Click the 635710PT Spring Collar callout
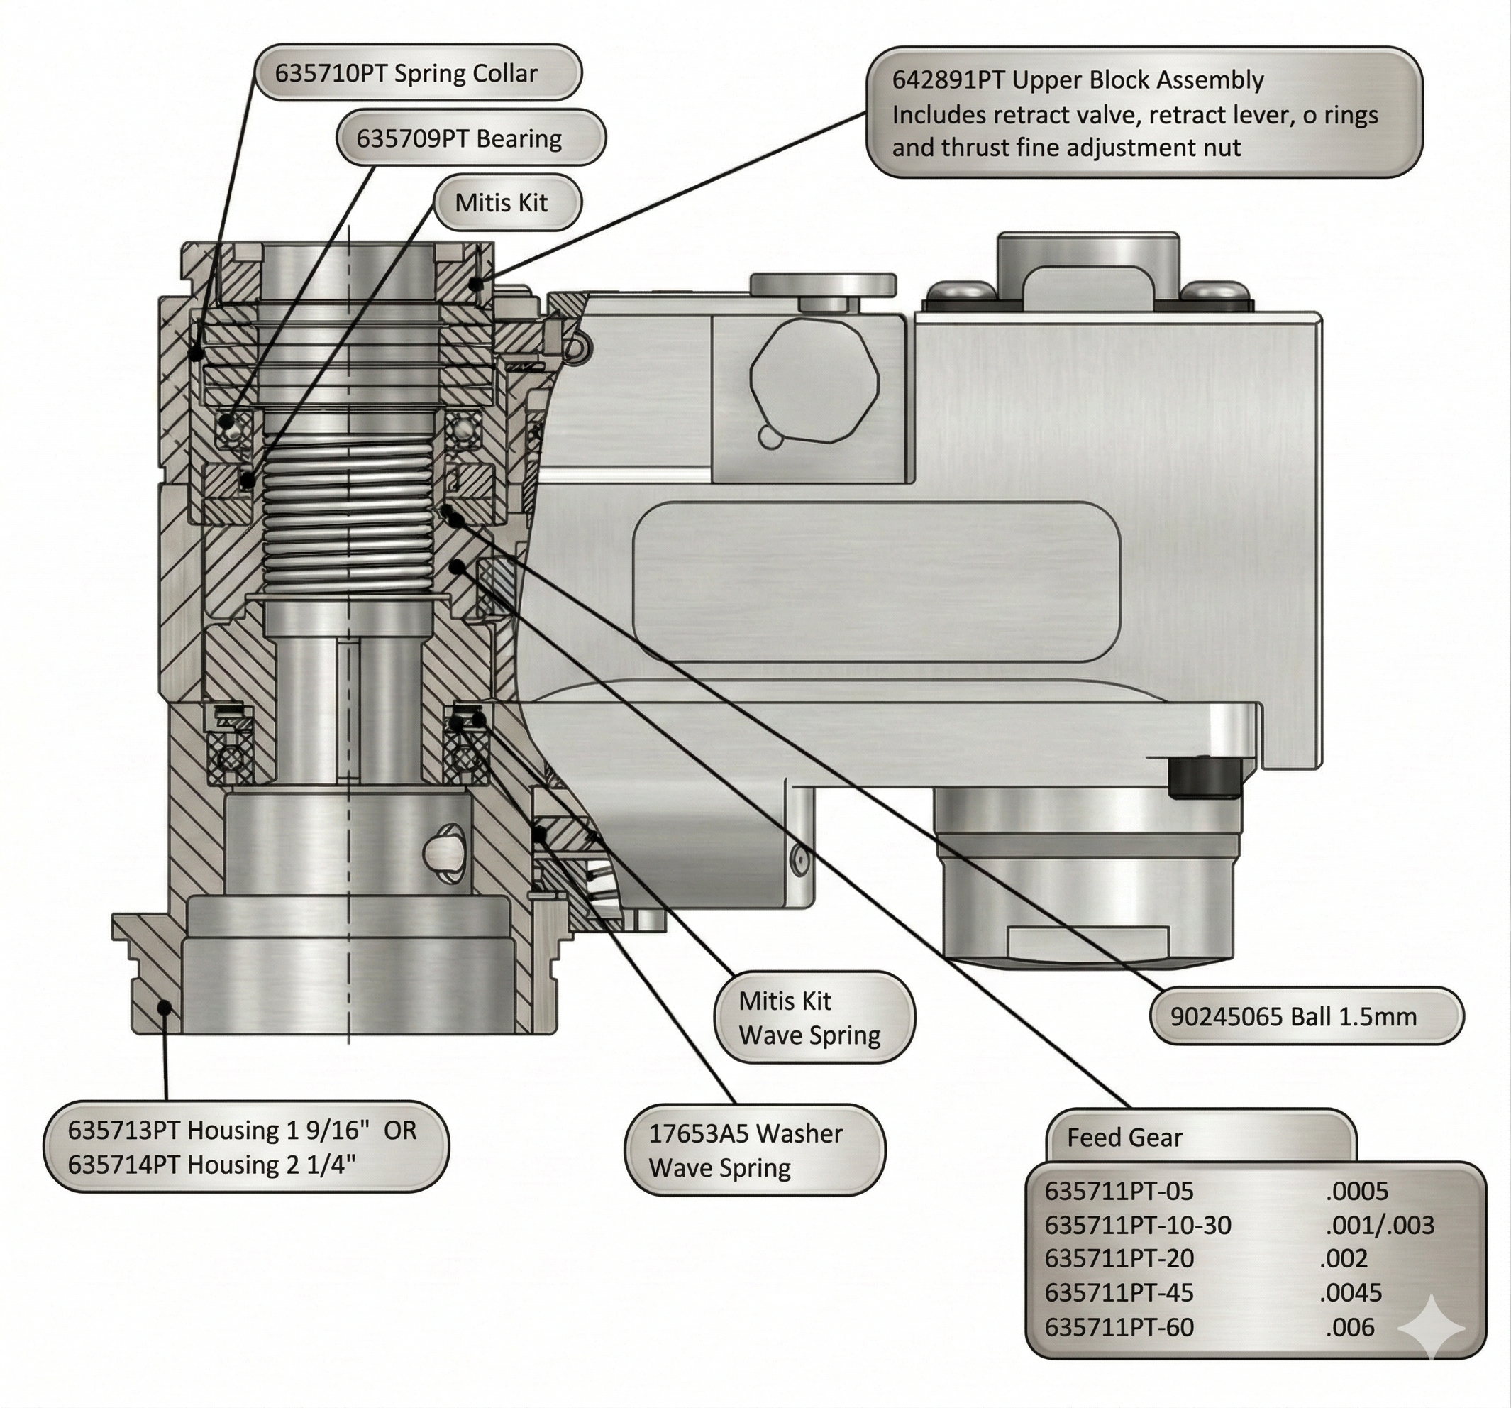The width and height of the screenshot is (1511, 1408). click(x=416, y=73)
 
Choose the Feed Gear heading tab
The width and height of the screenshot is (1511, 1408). click(x=1125, y=1138)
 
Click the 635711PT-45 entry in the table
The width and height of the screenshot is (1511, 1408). click(x=1119, y=1292)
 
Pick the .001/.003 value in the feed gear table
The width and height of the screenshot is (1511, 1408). click(x=1379, y=1225)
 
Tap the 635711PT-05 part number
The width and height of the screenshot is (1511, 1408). click(x=1119, y=1191)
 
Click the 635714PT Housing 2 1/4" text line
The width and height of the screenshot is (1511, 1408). click(x=211, y=1165)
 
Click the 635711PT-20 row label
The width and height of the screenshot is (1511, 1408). click(x=1119, y=1258)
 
